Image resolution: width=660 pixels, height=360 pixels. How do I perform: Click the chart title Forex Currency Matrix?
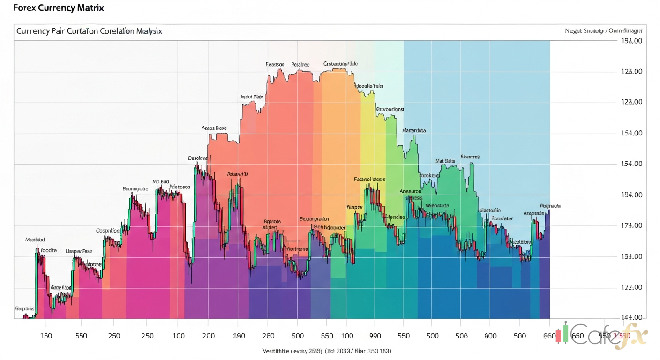coord(52,8)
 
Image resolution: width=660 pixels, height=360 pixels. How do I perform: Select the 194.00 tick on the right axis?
coord(630,195)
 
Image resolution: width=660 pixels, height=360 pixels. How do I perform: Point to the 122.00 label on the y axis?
coord(630,287)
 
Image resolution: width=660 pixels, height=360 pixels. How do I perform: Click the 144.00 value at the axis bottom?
coord(630,317)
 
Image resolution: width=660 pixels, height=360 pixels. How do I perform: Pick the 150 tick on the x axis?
coord(46,336)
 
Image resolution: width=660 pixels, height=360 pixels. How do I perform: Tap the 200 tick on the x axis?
coord(208,336)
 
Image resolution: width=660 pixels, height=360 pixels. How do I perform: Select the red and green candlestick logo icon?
coord(562,334)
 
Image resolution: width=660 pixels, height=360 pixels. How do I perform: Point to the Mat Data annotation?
coord(445,161)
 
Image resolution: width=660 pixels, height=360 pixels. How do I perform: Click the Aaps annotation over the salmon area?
coord(214,127)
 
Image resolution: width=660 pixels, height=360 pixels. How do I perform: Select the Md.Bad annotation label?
coord(160,181)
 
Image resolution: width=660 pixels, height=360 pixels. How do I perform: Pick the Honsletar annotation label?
coord(502,218)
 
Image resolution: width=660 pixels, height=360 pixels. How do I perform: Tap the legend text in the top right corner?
coord(604,30)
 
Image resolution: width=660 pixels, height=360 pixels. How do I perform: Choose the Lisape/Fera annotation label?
coord(79,251)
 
